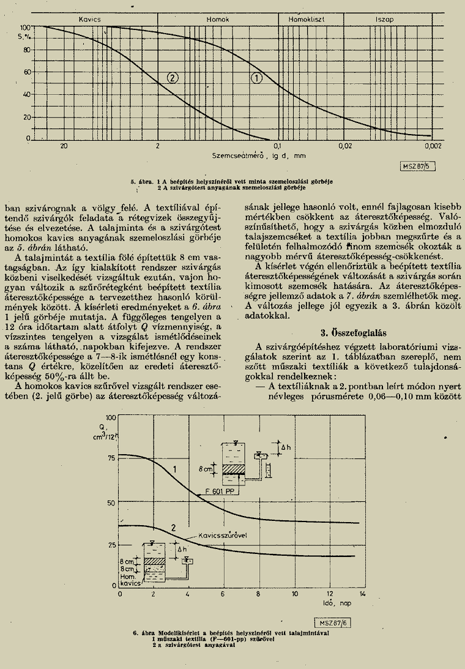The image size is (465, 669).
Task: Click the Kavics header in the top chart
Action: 89,20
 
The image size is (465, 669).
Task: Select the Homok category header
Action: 218,20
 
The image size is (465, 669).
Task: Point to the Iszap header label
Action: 385,20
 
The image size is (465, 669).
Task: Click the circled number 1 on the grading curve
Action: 256,78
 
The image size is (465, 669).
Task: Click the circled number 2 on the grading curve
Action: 173,78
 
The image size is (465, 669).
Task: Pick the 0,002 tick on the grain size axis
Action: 433,147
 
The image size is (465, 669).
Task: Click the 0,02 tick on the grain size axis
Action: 346,147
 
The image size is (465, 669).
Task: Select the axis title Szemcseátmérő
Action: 237,155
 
